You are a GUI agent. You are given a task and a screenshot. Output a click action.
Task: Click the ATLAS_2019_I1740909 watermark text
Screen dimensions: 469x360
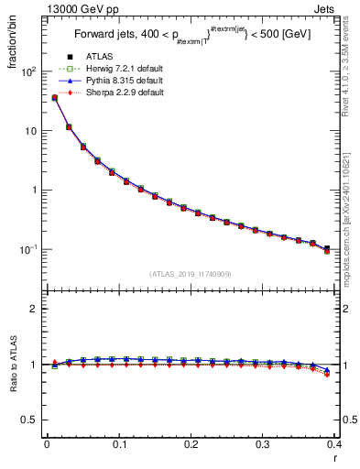click(191, 274)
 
